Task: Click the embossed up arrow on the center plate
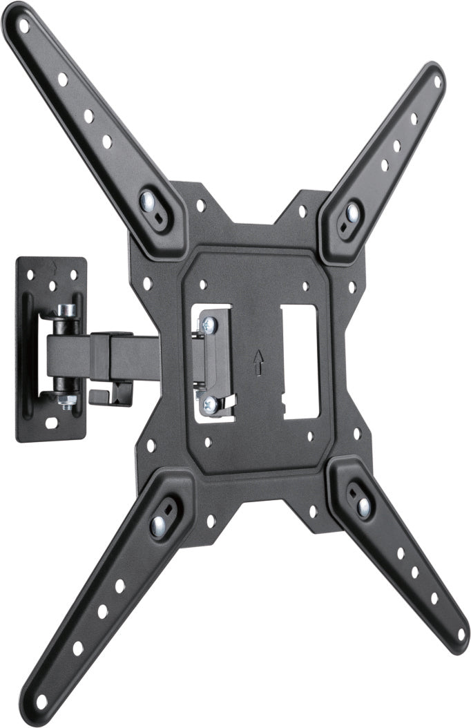tap(259, 361)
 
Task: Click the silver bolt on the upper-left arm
tap(147, 202)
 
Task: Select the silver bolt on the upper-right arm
tap(352, 211)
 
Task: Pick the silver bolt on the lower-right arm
tap(363, 508)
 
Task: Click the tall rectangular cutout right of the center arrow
tap(300, 362)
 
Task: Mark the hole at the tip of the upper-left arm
tap(24, 26)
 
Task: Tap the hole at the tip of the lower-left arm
tap(41, 702)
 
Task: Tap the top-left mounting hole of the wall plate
tap(30, 275)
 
